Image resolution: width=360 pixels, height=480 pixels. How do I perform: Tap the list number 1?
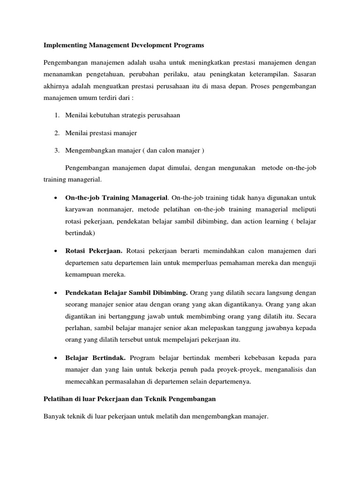(56, 115)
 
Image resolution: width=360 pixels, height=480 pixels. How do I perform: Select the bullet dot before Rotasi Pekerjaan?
(56, 251)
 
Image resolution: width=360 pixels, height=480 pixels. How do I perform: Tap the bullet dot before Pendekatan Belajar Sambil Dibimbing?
(56, 293)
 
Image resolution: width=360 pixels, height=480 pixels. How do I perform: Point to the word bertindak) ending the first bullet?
(81, 232)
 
